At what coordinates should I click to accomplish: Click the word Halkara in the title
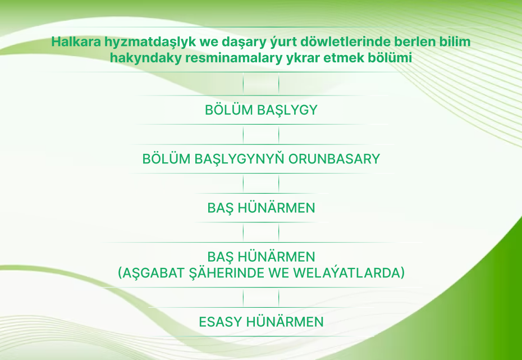click(76, 42)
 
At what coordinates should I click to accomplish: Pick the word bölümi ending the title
click(390, 58)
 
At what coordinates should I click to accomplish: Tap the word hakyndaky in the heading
click(146, 58)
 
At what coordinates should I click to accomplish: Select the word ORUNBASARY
click(334, 159)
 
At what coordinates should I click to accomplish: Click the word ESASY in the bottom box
click(221, 322)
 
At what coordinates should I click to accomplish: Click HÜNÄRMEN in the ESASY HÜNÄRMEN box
click(285, 321)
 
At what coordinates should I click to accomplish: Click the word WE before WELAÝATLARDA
click(279, 273)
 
